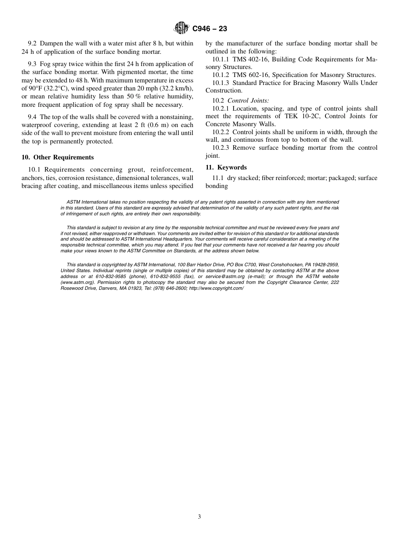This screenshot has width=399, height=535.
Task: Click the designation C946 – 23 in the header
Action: click(210, 29)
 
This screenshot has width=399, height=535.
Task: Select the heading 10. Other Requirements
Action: click(58, 157)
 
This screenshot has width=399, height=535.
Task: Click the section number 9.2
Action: click(32, 44)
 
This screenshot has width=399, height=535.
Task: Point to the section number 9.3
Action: click(32, 64)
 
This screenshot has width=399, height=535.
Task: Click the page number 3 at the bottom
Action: click(199, 517)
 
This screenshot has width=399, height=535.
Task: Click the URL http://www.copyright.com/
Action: click(216, 288)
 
